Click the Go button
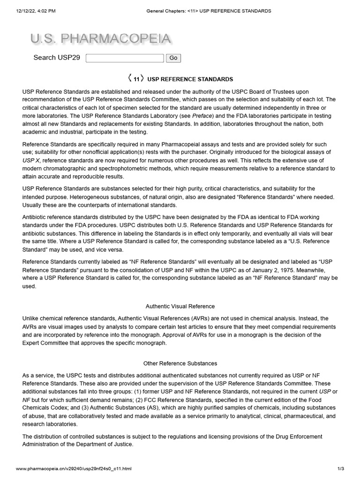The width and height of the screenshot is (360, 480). [x=173, y=58]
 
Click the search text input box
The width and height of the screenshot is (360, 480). [x=125, y=58]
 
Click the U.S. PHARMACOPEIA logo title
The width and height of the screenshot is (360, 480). [x=100, y=39]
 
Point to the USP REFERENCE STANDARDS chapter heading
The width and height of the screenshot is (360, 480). [x=190, y=79]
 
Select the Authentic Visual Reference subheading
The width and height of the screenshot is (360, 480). [x=180, y=306]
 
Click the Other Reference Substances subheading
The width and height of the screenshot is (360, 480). [x=180, y=363]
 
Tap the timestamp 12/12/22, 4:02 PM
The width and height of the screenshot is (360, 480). [x=36, y=11]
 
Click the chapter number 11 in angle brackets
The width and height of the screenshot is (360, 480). [x=136, y=79]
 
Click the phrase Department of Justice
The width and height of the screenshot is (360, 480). [x=102, y=444]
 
